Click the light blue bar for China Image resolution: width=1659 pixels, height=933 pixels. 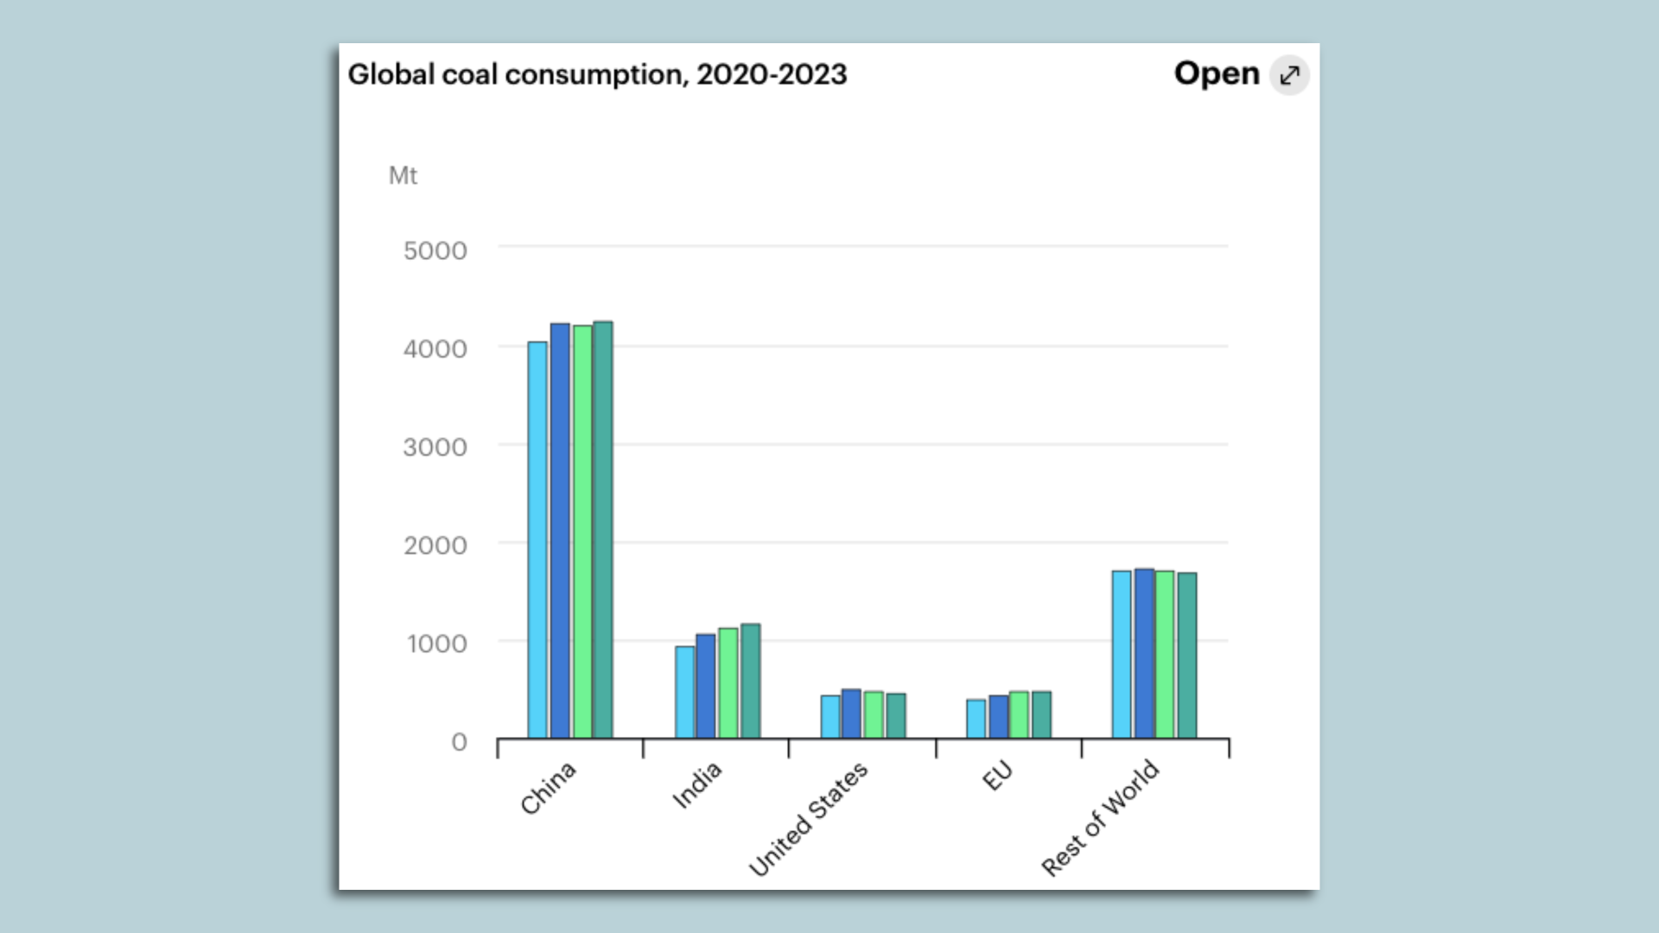pos(537,540)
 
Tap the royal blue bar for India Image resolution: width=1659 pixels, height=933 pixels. pos(706,686)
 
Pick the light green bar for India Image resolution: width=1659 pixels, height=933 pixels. pos(728,682)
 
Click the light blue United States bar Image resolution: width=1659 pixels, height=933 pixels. pos(830,716)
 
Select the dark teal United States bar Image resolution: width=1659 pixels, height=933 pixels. pos(896,715)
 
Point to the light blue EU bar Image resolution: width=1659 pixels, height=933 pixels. pos(976,719)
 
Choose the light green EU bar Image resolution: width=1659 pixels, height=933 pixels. pos(1020,714)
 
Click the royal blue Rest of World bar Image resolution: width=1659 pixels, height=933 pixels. pos(1144,653)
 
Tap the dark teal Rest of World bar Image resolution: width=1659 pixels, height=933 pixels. pos(1187,655)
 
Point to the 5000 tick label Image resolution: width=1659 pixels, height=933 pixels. pos(435,251)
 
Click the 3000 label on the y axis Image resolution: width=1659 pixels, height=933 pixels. pos(435,447)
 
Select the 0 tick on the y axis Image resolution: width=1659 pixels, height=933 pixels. pos(459,742)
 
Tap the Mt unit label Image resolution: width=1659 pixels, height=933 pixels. pos(403,175)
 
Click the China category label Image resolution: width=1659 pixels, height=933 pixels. pos(548,788)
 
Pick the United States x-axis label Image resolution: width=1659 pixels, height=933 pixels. pos(808,818)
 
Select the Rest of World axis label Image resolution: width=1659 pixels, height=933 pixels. pos(1100,817)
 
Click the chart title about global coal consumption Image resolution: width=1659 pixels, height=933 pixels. pos(597,74)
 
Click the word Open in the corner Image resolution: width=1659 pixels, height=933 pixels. pos(1217,73)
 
